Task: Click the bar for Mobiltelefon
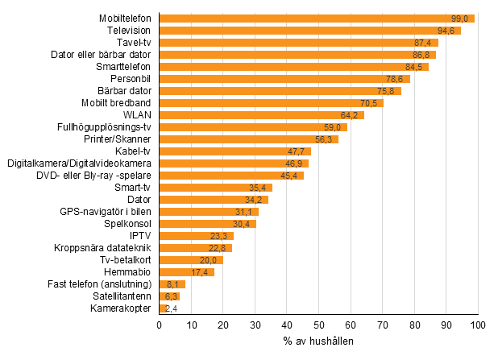pos(317,19)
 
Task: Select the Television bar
pos(309,31)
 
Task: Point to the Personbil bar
pos(284,79)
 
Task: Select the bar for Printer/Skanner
pos(248,139)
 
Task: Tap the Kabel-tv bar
pos(234,151)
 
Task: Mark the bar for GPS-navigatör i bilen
pos(209,212)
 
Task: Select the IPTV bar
pos(196,236)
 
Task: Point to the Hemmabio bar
pos(186,272)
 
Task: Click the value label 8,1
pos(173,284)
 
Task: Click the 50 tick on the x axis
pos(319,325)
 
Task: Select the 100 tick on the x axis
pos(478,325)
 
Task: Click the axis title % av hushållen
pos(318,341)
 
